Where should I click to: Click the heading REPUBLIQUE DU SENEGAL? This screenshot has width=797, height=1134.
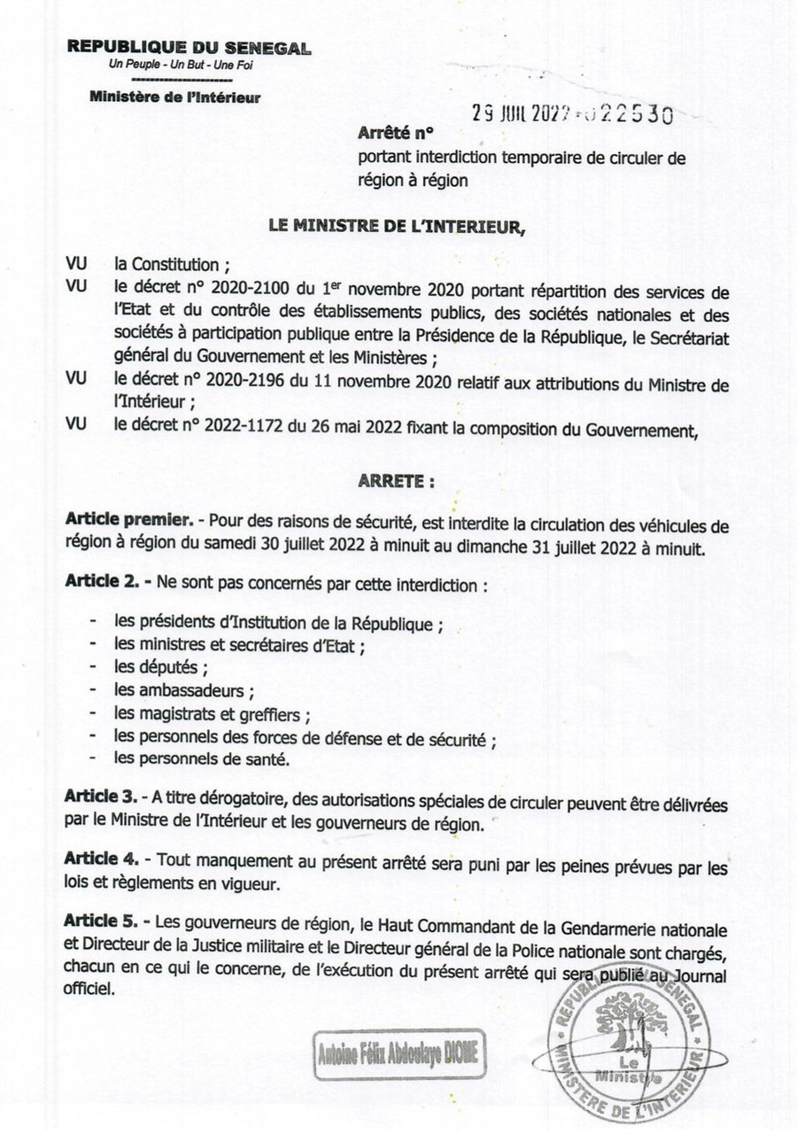pyautogui.click(x=189, y=49)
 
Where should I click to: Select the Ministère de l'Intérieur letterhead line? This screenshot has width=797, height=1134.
pyautogui.click(x=174, y=97)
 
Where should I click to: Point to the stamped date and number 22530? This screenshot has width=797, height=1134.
pyautogui.click(x=572, y=114)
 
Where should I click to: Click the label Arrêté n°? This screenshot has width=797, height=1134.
pyautogui.click(x=395, y=136)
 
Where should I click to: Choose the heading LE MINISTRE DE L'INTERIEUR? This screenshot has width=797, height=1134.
pyautogui.click(x=397, y=227)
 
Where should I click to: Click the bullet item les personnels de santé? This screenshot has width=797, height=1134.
pyautogui.click(x=202, y=758)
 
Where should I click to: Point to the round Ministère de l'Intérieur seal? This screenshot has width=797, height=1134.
pyautogui.click(x=631, y=1050)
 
